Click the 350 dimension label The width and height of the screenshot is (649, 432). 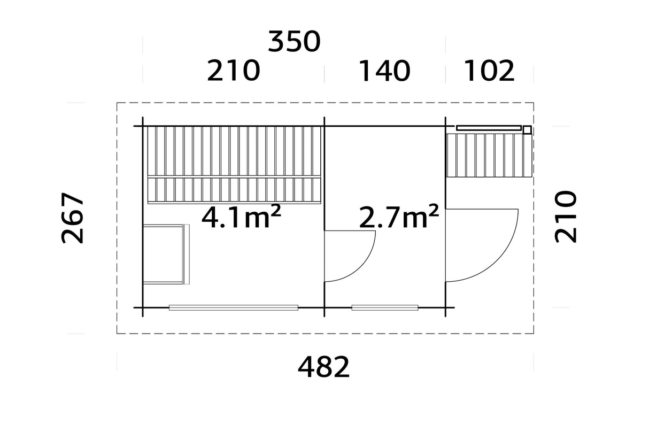pos(294,41)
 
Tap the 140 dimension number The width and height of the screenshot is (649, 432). pos(384,71)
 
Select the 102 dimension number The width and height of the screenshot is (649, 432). pos(489,71)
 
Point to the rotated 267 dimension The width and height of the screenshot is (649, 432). pos(72,218)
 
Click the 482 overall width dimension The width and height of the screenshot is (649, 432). pos(323,367)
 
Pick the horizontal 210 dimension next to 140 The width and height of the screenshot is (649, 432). pos(234,71)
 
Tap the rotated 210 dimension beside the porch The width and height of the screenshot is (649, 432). pos(565,217)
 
